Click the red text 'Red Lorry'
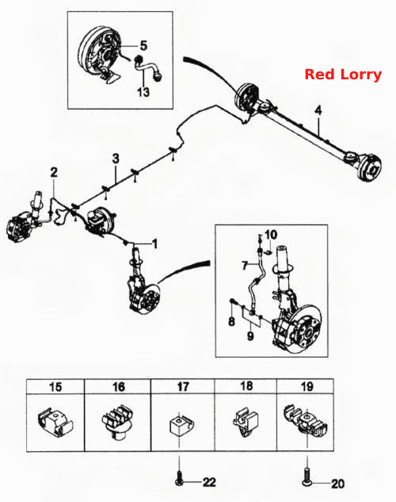(343, 75)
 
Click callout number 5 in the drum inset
(143, 45)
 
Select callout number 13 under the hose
(143, 92)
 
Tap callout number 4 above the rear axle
(318, 110)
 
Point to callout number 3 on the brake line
(116, 159)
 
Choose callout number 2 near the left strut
(54, 173)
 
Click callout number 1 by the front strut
(155, 243)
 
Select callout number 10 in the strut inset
(271, 235)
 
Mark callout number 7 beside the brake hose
(246, 266)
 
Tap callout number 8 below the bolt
(232, 321)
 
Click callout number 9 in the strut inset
(250, 335)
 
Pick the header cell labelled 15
(55, 387)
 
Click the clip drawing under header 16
(117, 419)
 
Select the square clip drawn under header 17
(180, 425)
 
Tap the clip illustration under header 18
(246, 420)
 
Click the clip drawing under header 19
(306, 421)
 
